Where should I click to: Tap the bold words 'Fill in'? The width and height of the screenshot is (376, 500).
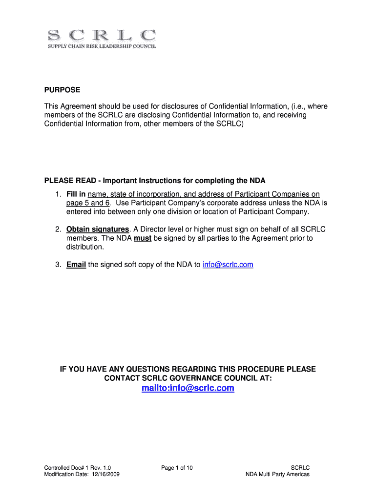coord(76,194)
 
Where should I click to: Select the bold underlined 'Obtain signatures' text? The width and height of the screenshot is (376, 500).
coord(98,229)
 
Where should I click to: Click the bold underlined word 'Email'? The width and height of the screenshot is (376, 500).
coord(76,265)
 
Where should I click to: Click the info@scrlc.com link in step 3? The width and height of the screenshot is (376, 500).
coord(228,265)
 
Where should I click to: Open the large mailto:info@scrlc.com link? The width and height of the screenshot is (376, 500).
coord(188,388)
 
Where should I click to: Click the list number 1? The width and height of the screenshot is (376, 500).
coord(57,194)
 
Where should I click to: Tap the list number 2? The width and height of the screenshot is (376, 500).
coord(57,229)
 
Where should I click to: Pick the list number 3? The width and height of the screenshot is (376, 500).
coord(57,265)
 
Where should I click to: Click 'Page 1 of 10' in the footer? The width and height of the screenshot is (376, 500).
coord(177,468)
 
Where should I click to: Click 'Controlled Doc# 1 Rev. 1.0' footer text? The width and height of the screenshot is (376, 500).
coord(74,468)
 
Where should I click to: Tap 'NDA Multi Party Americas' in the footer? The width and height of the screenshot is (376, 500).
coord(277,474)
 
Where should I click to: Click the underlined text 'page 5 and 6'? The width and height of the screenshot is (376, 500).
coord(88,203)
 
